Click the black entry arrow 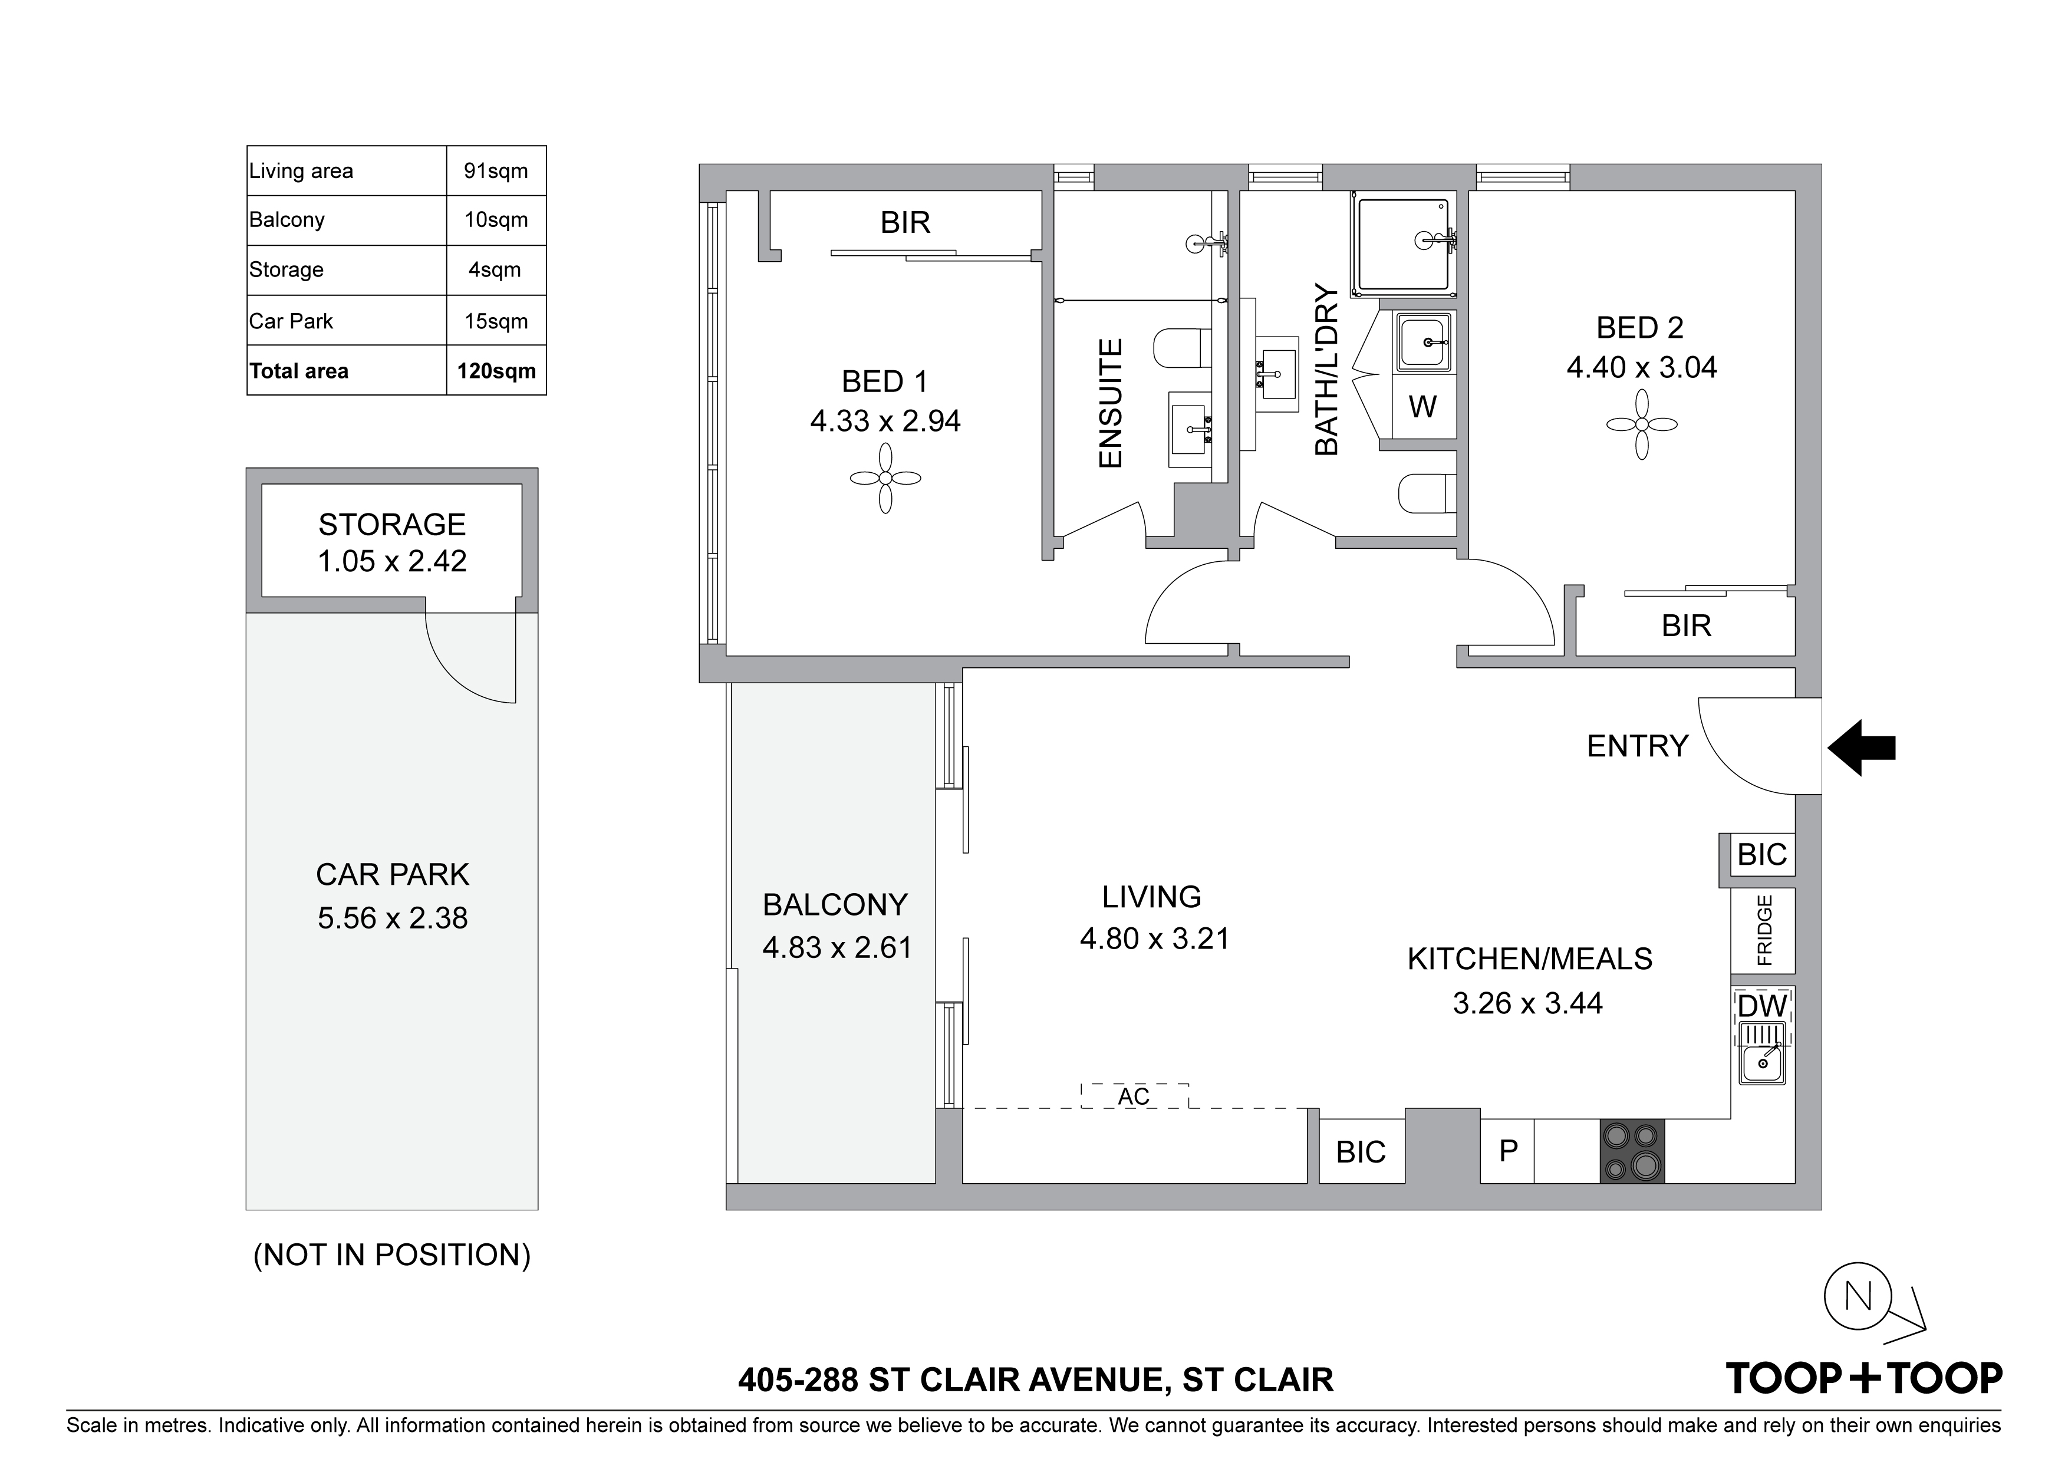coord(1861,748)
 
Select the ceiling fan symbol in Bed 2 coord(1641,424)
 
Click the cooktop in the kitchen coord(1632,1151)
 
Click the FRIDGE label coord(1764,930)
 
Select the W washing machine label coord(1422,407)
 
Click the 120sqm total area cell coord(496,371)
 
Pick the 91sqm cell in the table coord(496,171)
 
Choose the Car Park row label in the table coord(291,322)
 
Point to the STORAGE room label coord(392,524)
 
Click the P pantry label coord(1509,1150)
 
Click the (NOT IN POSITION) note coord(392,1255)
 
